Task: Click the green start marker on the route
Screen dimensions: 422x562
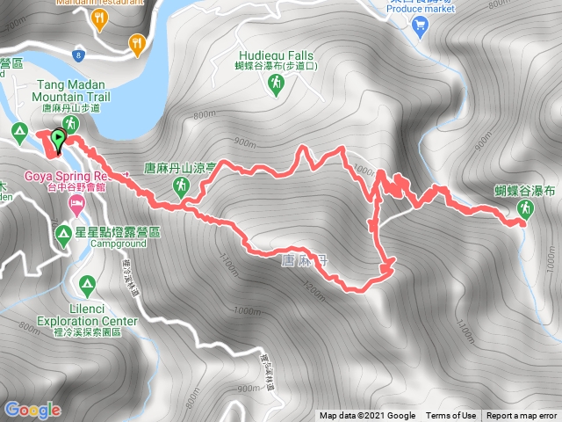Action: (x=58, y=139)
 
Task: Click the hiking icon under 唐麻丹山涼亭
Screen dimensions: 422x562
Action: (x=181, y=185)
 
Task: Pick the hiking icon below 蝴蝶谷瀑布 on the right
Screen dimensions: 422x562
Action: (x=525, y=208)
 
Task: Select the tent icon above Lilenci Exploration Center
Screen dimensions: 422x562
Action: (x=86, y=285)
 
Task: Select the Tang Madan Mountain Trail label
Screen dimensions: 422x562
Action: (x=73, y=91)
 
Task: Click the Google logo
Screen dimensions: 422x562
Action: (x=32, y=410)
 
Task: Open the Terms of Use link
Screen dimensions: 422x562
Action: (x=451, y=416)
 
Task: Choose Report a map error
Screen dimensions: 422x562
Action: (x=522, y=416)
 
